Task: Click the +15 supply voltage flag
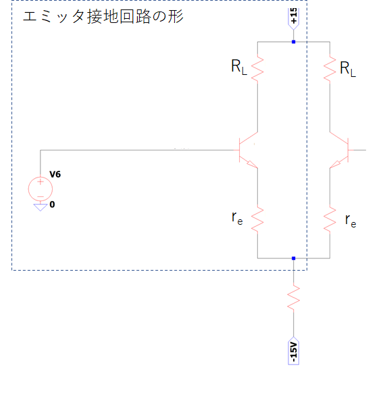click(x=294, y=19)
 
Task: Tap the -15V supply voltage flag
click(x=294, y=350)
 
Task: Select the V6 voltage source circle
click(x=41, y=189)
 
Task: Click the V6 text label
click(x=55, y=174)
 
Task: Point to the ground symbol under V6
click(x=41, y=207)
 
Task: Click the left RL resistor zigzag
click(x=257, y=69)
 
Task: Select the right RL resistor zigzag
click(x=330, y=69)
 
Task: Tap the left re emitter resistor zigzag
click(x=257, y=219)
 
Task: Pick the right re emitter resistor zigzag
click(x=330, y=219)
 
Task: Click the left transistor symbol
click(x=247, y=151)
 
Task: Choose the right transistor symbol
click(x=340, y=151)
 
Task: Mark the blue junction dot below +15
click(x=294, y=42)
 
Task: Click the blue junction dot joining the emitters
click(x=294, y=258)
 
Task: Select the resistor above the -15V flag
click(x=294, y=298)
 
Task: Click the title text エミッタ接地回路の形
click(x=103, y=16)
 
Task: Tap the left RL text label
click(x=239, y=67)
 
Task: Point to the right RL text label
click(x=348, y=69)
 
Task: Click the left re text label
click(x=237, y=218)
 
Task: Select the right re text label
click(x=351, y=221)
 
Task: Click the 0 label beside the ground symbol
click(x=52, y=204)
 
